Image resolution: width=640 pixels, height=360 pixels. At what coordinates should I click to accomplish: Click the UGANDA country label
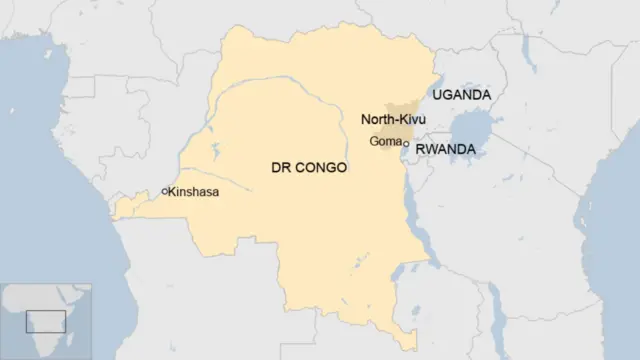pyautogui.click(x=461, y=95)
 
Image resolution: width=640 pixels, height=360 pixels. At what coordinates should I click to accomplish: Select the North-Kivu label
pyautogui.click(x=393, y=120)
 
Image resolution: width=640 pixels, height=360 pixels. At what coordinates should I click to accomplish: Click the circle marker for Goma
pyautogui.click(x=405, y=144)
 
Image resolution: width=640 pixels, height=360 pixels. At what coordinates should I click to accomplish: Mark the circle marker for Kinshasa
pyautogui.click(x=164, y=191)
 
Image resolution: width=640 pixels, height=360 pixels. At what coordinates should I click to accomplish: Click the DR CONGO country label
pyautogui.click(x=309, y=168)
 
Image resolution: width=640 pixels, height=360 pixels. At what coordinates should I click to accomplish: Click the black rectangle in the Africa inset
pyautogui.click(x=45, y=321)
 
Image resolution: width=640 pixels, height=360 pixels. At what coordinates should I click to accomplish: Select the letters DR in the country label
pyautogui.click(x=281, y=168)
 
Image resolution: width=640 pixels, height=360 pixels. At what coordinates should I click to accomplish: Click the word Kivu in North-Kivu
pyautogui.click(x=410, y=120)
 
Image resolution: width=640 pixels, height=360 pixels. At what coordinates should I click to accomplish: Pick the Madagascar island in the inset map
pyautogui.click(x=82, y=335)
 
